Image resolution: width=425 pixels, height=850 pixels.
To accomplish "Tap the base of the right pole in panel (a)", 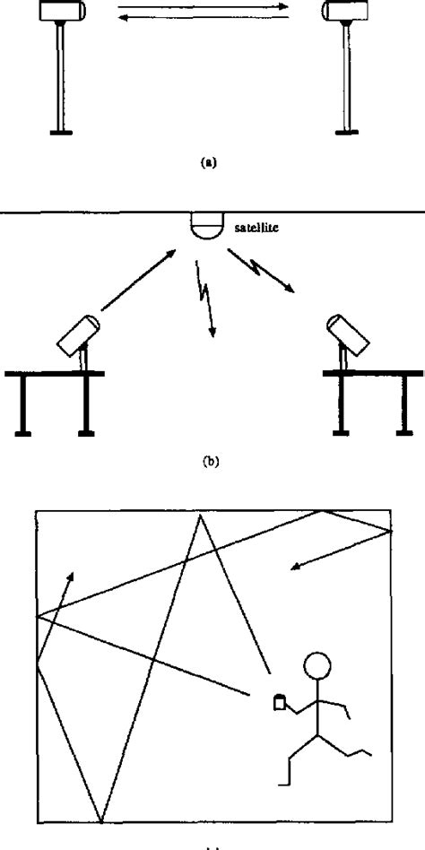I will point(346,133).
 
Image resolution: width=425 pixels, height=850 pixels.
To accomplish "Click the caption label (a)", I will point(208,163).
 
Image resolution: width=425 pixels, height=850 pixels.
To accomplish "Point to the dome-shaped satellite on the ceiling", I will point(208,225).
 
